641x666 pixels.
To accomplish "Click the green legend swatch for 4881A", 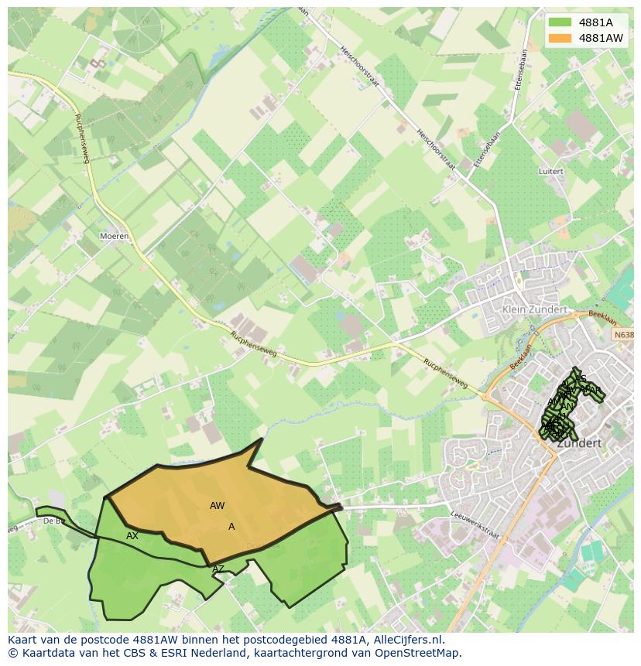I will [x=560, y=22].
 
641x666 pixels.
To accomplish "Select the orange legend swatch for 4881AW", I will [x=560, y=37].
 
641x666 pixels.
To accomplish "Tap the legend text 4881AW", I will [x=601, y=37].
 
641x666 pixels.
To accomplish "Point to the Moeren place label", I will [x=114, y=236].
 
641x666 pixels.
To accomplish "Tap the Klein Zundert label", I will [x=535, y=309].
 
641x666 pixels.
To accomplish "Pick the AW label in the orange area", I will [x=217, y=506].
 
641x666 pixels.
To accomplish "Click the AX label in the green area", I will [x=132, y=536].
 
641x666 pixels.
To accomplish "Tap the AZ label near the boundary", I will [x=218, y=569].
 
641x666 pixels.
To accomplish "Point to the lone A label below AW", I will [x=231, y=527].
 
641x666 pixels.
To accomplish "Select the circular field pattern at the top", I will [x=138, y=28].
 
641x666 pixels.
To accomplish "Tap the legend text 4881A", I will [x=595, y=22].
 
